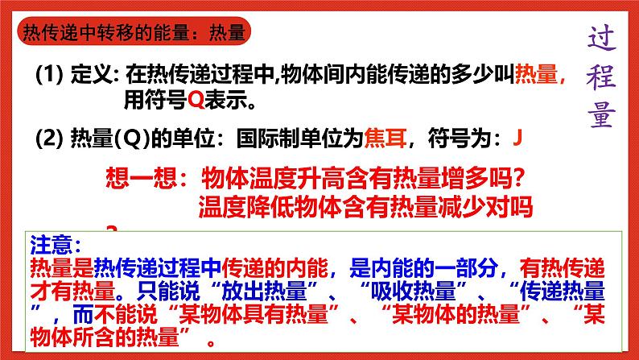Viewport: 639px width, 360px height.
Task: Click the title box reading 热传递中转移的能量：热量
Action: pyautogui.click(x=134, y=33)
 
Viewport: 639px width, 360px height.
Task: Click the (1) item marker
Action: pyautogui.click(x=49, y=77)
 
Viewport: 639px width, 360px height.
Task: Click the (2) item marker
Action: pyautogui.click(x=49, y=139)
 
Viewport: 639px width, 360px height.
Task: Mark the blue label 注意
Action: pyautogui.click(x=55, y=242)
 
